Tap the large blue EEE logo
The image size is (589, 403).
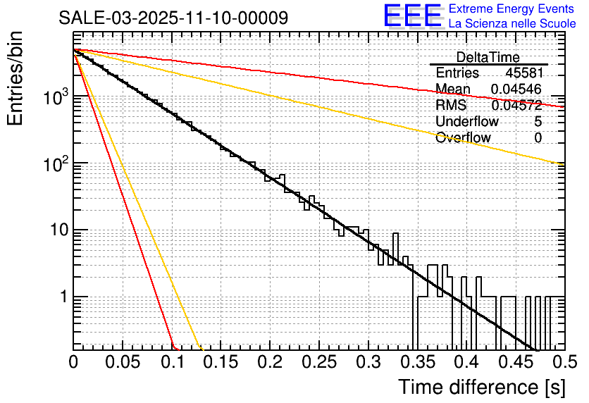pos(412,16)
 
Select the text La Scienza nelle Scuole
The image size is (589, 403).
pos(512,24)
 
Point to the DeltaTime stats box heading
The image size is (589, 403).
pos(488,57)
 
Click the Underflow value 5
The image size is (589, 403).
pos(538,121)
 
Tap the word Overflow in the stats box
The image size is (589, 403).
pos(463,137)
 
